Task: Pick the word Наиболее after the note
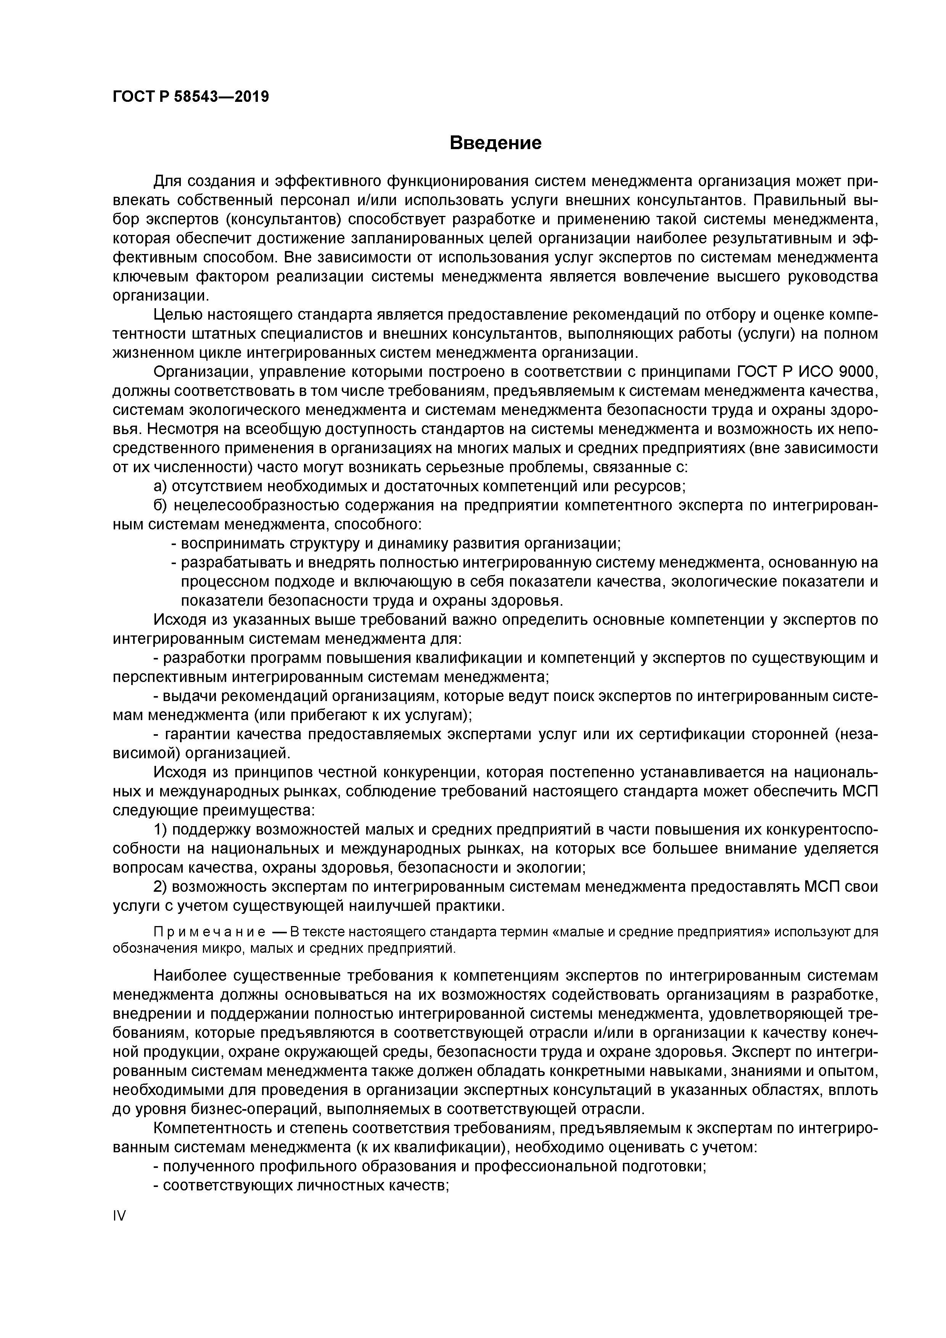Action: point(190,976)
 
